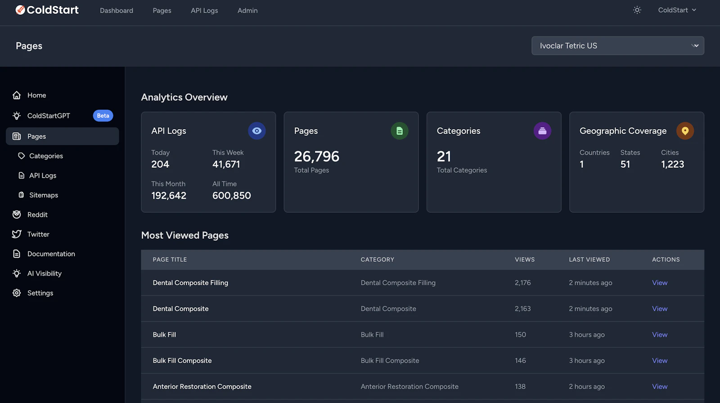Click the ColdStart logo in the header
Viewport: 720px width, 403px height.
tap(47, 10)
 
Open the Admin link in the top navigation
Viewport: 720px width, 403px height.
tap(247, 10)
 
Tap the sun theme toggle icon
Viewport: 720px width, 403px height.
tap(637, 10)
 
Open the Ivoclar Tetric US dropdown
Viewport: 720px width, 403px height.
tap(617, 45)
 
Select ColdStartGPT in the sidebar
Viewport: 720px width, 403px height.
tap(49, 116)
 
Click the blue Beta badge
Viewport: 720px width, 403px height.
tap(103, 116)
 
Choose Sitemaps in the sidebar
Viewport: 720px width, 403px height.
tap(44, 195)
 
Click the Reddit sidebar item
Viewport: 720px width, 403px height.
tap(37, 215)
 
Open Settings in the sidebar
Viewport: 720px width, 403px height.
tap(40, 293)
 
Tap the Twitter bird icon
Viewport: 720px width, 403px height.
tap(17, 234)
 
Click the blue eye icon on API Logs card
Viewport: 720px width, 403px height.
tap(256, 131)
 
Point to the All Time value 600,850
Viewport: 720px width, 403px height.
tap(231, 195)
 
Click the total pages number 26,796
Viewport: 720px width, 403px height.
tap(316, 156)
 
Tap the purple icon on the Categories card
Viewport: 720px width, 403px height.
tap(542, 131)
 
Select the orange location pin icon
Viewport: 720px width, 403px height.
tap(684, 131)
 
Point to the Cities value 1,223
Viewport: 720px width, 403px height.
tap(672, 164)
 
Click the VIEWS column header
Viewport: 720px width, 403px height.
tap(525, 260)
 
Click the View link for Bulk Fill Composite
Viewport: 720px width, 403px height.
tap(660, 361)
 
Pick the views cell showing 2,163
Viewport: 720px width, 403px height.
tap(522, 309)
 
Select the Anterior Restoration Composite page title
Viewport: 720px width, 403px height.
tap(202, 387)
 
